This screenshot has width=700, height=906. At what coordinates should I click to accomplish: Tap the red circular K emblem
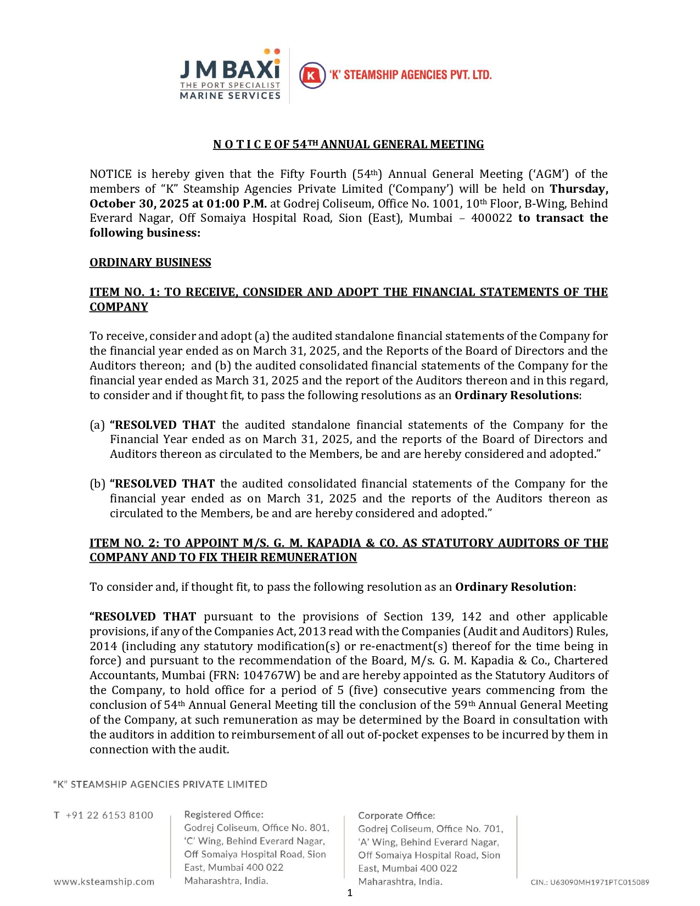[312, 75]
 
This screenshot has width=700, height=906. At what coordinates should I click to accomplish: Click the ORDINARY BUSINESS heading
[150, 262]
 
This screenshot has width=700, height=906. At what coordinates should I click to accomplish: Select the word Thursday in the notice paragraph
[579, 189]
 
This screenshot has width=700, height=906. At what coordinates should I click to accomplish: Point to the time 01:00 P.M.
[237, 204]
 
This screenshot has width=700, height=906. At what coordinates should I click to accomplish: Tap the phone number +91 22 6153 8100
[109, 815]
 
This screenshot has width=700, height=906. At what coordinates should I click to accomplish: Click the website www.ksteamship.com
[104, 882]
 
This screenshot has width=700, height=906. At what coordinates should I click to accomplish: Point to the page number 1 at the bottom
[350, 893]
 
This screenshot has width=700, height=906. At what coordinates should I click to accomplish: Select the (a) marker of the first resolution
[97, 425]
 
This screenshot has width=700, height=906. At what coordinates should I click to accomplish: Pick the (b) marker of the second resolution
[97, 484]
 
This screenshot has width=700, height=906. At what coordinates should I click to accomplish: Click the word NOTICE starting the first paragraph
[110, 174]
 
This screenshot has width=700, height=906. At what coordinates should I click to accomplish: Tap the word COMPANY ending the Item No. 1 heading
[119, 307]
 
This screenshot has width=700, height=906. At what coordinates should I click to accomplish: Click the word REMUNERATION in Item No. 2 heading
[309, 557]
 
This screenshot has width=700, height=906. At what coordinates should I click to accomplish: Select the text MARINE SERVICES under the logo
[230, 96]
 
